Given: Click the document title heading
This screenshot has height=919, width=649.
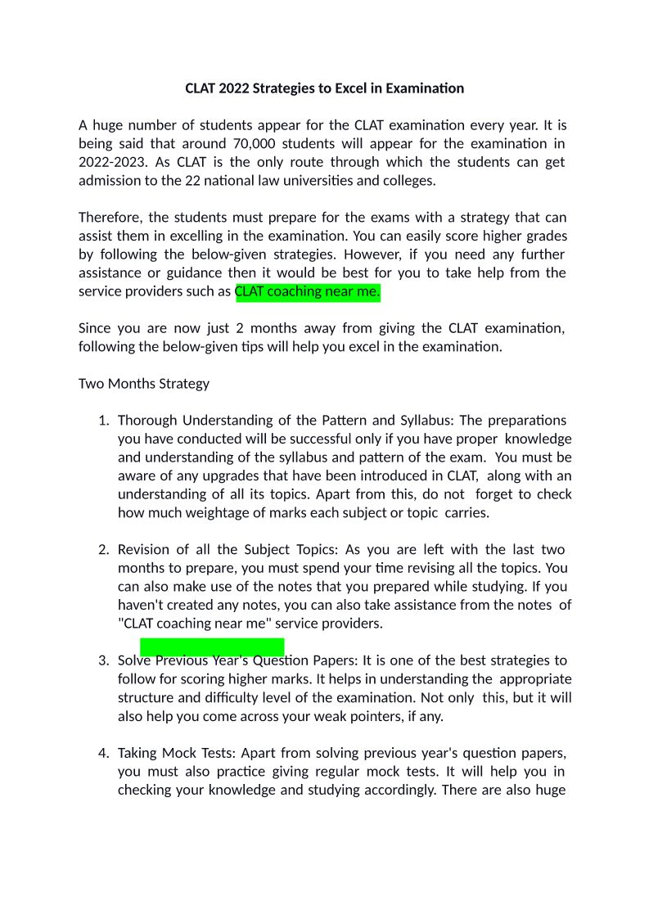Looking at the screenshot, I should point(324,88).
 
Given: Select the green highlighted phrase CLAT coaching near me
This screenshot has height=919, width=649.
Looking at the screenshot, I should point(308,292).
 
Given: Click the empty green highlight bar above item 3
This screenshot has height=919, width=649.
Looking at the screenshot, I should point(212,646).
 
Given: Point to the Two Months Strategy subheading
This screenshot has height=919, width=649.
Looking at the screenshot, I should point(144,384).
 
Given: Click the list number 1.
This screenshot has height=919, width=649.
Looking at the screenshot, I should point(103,421).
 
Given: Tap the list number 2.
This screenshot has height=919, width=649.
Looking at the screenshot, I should point(103,549).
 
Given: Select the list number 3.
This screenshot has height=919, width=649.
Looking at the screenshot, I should point(103,660).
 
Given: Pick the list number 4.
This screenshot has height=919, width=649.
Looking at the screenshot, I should point(103,753).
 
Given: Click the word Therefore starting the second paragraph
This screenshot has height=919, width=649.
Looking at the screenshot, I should point(110,218).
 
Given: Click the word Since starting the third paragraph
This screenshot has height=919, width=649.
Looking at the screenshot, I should point(94,329).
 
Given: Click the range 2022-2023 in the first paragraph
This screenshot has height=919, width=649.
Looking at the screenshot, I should point(111,162).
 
